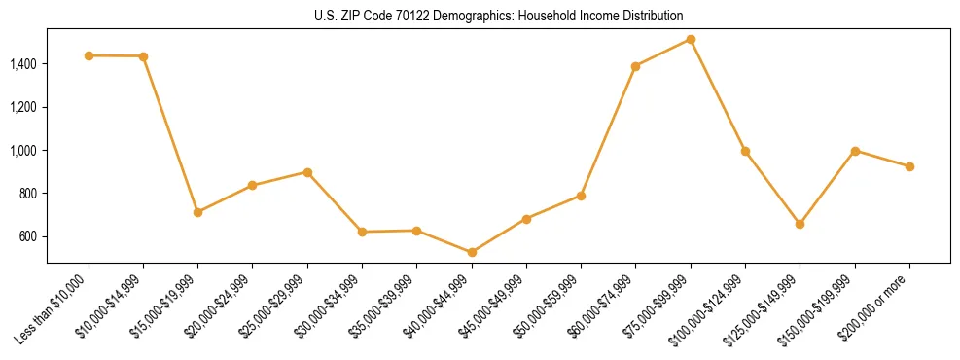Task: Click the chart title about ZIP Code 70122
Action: tap(499, 17)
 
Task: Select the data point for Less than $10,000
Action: tap(89, 55)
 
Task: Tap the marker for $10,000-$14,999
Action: tap(143, 56)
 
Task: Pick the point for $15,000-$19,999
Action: tap(198, 212)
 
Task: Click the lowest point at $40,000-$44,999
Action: tap(472, 252)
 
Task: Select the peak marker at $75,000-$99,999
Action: tap(691, 39)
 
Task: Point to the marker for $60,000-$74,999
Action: tap(635, 66)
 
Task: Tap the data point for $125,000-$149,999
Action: tap(800, 224)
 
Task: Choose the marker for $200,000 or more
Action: tap(909, 166)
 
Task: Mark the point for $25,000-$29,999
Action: tap(307, 172)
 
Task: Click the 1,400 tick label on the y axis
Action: tap(23, 64)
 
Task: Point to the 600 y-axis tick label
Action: tap(29, 236)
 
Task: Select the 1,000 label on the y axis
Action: tap(23, 151)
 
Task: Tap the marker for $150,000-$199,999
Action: tap(855, 151)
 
